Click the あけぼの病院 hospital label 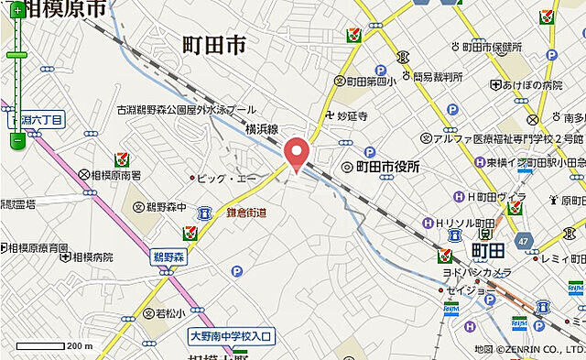click(532, 84)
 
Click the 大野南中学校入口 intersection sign click(233, 337)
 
